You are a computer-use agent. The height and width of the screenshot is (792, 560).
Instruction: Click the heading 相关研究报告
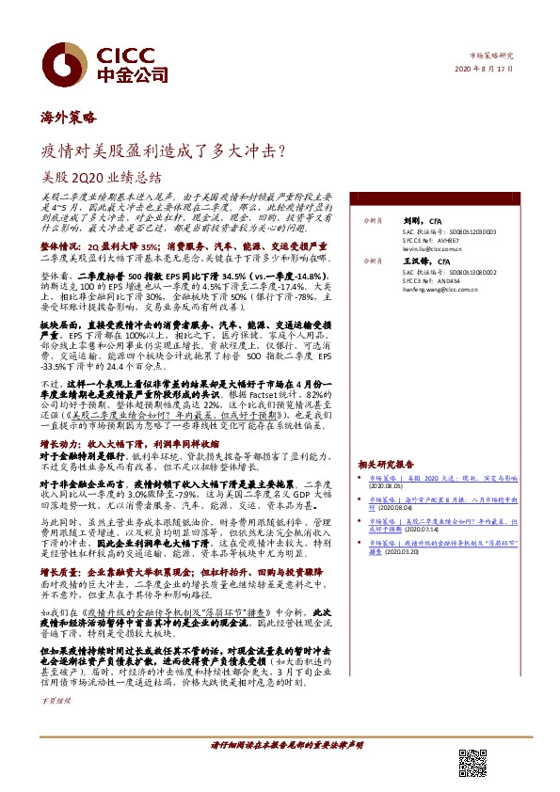[386, 465]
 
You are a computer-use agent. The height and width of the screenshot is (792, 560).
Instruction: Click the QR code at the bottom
[472, 763]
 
